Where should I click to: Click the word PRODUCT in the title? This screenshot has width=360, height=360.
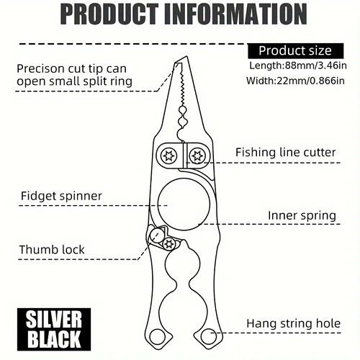coord(109,14)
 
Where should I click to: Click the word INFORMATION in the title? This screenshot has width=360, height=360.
coord(235,14)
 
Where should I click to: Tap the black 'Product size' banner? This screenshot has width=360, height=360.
coord(295,51)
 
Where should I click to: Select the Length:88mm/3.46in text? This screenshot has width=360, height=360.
coord(298,66)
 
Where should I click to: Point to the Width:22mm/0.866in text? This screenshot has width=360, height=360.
coord(295,81)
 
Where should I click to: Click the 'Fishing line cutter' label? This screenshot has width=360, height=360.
coord(285,153)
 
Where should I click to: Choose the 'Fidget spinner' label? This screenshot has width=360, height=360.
coord(61,196)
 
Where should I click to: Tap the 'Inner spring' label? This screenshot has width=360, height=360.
coord(302,215)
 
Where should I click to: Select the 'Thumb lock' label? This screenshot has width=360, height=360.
coord(52,250)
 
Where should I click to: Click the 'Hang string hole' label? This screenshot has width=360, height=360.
coord(294,323)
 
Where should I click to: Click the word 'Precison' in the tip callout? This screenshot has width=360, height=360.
coord(40,69)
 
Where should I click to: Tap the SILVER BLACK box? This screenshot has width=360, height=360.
coord(54,329)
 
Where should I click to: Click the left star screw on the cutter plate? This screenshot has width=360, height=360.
coord(169,156)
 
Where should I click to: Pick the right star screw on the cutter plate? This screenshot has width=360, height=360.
coord(197,156)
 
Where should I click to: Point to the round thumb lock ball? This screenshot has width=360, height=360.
coord(156,235)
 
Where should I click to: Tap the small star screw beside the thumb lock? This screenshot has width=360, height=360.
coord(168,244)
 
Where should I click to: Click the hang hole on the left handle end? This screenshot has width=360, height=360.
coord(157,336)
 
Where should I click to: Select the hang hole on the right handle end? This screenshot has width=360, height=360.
coord(208,336)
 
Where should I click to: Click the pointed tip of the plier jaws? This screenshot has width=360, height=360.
coord(186,57)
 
